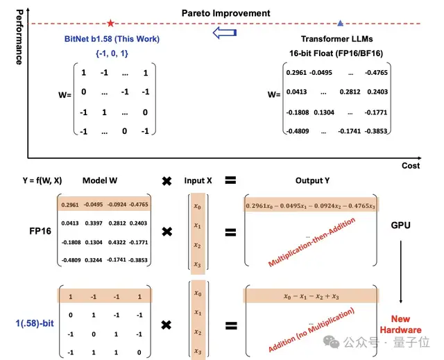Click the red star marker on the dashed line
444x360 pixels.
point(110,24)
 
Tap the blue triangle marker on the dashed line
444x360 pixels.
point(339,24)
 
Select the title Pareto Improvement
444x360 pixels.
point(226,13)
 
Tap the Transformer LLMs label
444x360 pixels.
point(339,40)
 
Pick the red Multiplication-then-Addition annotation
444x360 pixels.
point(311,242)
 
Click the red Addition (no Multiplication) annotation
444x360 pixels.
point(311,328)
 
